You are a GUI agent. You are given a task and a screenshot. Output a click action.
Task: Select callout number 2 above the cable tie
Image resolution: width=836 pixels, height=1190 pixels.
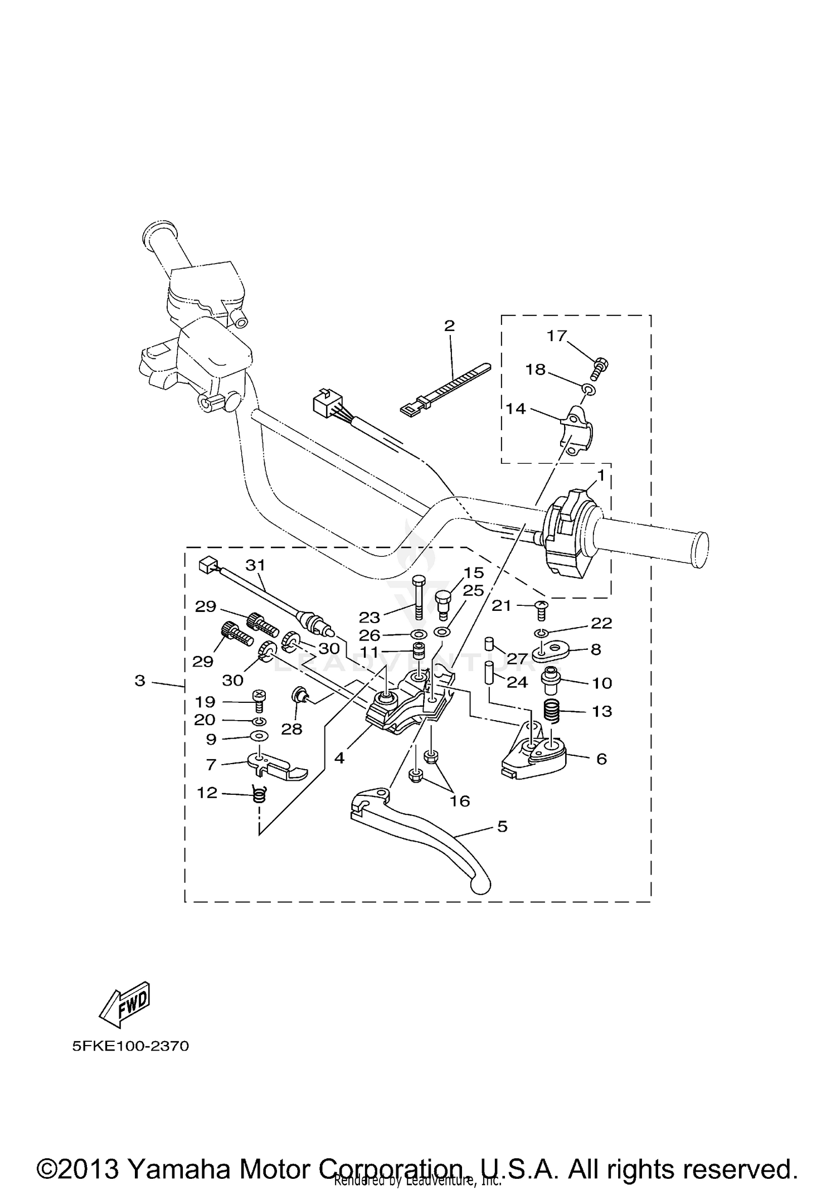[449, 326]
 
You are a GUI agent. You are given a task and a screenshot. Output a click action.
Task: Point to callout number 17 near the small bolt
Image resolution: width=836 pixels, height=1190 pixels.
[556, 336]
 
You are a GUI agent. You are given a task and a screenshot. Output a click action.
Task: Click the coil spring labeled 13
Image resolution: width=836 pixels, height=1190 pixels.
[553, 712]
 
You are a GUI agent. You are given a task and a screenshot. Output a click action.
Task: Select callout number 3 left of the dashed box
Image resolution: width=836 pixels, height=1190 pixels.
[140, 681]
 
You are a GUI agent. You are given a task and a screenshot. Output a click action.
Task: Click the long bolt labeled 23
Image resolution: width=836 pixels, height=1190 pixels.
[419, 603]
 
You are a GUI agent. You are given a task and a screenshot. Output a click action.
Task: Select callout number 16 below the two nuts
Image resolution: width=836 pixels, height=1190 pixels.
[460, 801]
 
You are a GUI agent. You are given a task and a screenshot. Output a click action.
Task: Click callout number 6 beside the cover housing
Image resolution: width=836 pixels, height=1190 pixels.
[601, 759]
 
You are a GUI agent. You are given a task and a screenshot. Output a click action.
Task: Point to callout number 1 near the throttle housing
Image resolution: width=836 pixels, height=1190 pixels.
[601, 475]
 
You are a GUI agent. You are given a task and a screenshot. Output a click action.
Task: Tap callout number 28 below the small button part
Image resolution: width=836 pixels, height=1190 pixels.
[291, 728]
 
